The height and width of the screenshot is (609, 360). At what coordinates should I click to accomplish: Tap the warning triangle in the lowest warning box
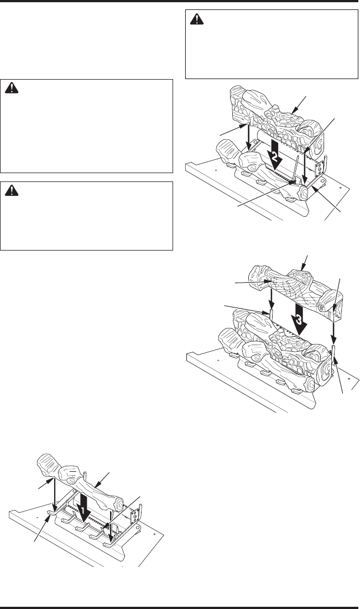[13, 191]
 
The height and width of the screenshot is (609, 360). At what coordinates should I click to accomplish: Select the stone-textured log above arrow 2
[265, 111]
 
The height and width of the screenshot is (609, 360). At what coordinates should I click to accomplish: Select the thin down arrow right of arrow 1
[112, 520]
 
